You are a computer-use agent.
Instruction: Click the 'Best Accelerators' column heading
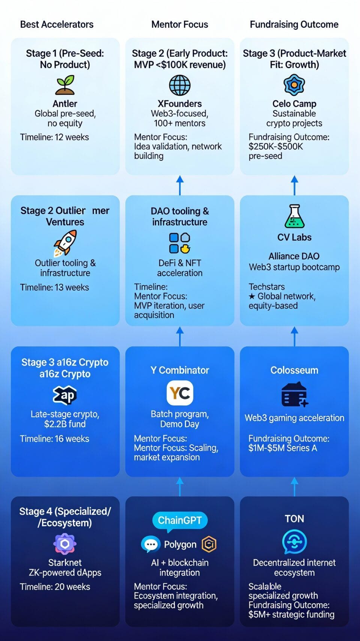[57, 25]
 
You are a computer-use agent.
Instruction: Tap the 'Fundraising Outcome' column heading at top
[294, 25]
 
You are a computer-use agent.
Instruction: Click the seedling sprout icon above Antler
[65, 85]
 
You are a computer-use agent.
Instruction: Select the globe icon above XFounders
[180, 85]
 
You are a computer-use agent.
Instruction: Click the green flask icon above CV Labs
[294, 216]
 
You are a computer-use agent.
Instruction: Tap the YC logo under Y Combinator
[180, 393]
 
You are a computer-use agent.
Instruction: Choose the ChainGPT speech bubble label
[180, 520]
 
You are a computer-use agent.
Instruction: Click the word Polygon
[180, 545]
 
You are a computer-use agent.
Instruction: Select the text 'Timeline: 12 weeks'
[54, 137]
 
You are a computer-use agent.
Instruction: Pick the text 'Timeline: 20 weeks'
[55, 587]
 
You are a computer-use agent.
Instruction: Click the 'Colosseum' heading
[294, 370]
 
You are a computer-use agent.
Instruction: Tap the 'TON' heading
[294, 519]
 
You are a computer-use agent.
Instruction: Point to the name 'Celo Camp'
[294, 104]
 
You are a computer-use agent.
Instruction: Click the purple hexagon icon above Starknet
[65, 543]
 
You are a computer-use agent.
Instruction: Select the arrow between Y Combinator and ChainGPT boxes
[180, 486]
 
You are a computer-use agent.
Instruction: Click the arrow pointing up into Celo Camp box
[294, 185]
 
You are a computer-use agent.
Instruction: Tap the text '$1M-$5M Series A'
[283, 448]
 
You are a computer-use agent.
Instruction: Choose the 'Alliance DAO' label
[294, 256]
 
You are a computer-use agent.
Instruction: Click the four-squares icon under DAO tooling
[180, 243]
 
